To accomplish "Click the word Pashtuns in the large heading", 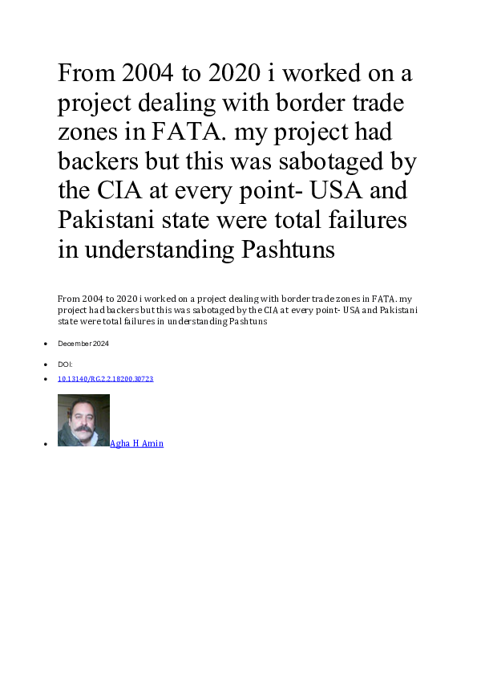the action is [x=286, y=250].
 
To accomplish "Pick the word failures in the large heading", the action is [x=370, y=220].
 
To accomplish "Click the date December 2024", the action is [x=83, y=344].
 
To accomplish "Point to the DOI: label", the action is [x=65, y=364].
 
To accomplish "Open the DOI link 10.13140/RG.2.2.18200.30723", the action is [x=105, y=379].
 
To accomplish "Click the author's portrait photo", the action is [x=83, y=420].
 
